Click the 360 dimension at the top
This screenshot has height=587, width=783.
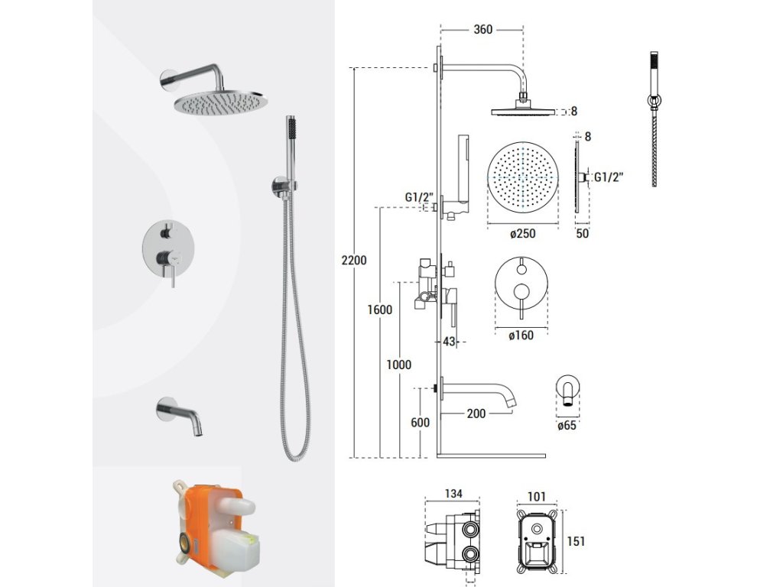point(483,30)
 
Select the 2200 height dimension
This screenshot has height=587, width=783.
point(354,260)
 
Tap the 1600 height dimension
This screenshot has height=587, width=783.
point(379,310)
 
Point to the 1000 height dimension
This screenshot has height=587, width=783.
point(398,365)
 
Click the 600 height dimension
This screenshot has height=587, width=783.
point(420,422)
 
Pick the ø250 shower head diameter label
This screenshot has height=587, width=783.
point(523,233)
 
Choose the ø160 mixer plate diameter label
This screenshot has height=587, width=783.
point(521,336)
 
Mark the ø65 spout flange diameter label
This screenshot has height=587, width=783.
point(567,425)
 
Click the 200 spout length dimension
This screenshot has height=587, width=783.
point(476,413)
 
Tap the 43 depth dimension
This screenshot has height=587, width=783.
point(449,342)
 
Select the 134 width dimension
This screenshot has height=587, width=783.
point(453,494)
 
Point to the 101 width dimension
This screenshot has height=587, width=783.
point(536,497)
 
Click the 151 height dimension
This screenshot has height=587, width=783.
point(576,541)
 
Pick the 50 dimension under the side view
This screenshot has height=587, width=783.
point(582,233)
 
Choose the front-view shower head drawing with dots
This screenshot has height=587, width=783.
point(522,177)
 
